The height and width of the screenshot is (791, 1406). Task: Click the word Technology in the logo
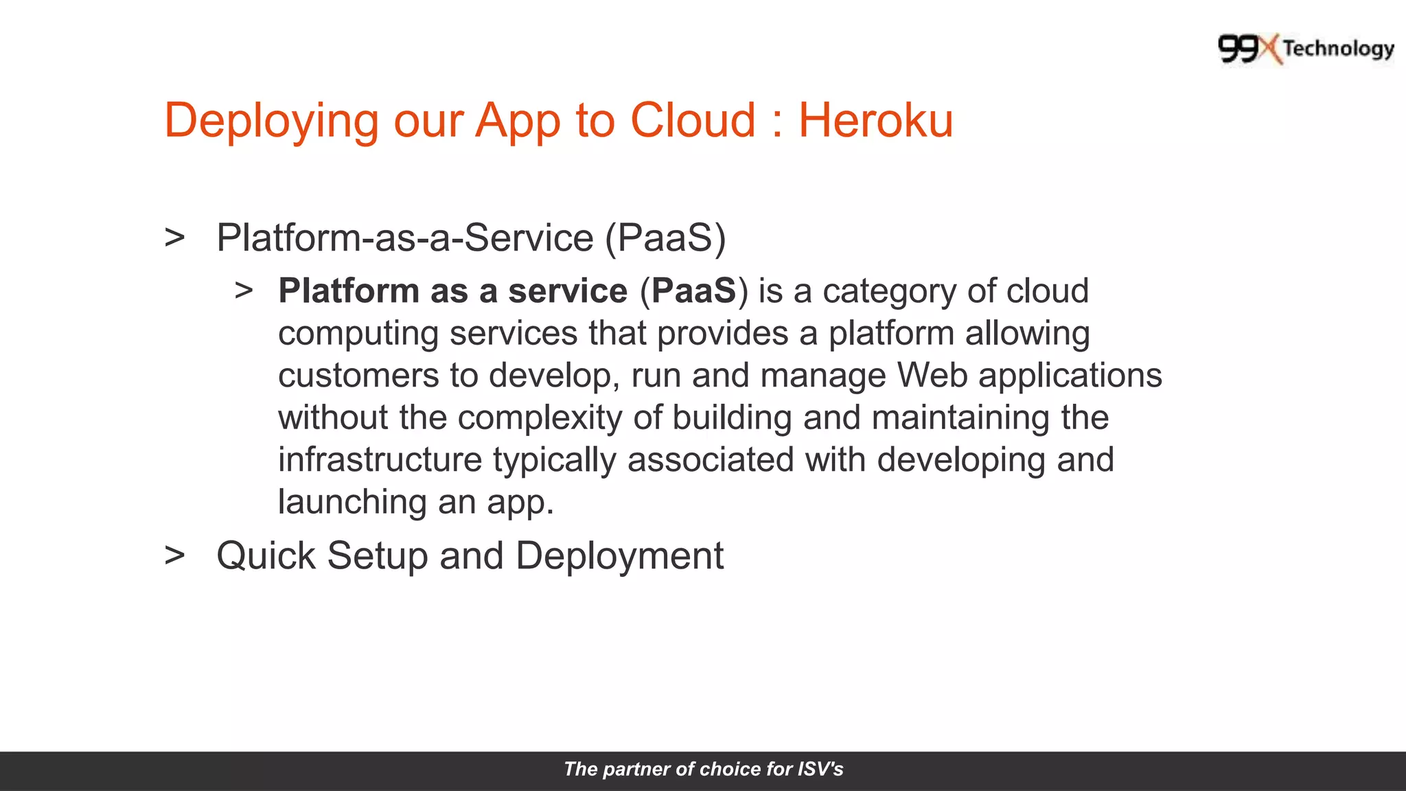point(1339,49)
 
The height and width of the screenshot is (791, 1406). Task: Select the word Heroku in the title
point(875,121)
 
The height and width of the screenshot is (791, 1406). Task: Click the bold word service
point(568,291)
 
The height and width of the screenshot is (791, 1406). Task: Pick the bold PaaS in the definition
point(693,291)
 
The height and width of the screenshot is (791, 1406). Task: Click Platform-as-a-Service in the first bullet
point(405,238)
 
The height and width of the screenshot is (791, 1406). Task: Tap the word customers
point(358,376)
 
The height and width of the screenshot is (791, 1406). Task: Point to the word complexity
point(540,419)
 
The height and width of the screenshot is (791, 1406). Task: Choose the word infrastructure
point(380,460)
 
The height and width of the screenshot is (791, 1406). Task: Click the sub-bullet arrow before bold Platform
point(244,290)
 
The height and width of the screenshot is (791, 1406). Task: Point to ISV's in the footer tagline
point(820,769)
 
